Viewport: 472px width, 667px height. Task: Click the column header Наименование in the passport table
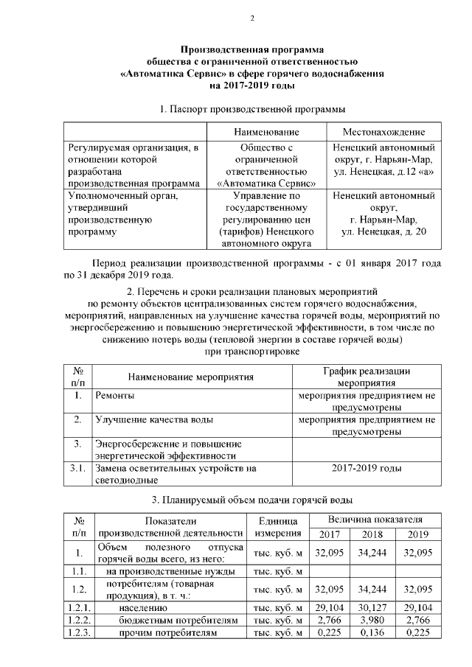pos(265,132)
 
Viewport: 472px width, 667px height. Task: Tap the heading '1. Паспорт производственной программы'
pos(252,109)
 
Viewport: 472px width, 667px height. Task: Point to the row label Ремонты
pos(113,396)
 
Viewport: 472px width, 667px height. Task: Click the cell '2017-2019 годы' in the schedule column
pos(367,467)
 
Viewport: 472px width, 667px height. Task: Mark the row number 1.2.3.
pos(77,634)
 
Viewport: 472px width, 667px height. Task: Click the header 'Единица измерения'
pos(277,527)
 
